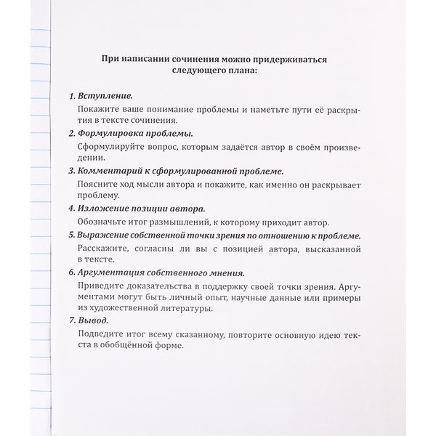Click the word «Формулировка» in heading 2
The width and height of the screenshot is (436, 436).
coord(116,134)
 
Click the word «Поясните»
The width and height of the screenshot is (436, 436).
coord(97,185)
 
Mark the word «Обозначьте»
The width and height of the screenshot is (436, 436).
coord(104,222)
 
